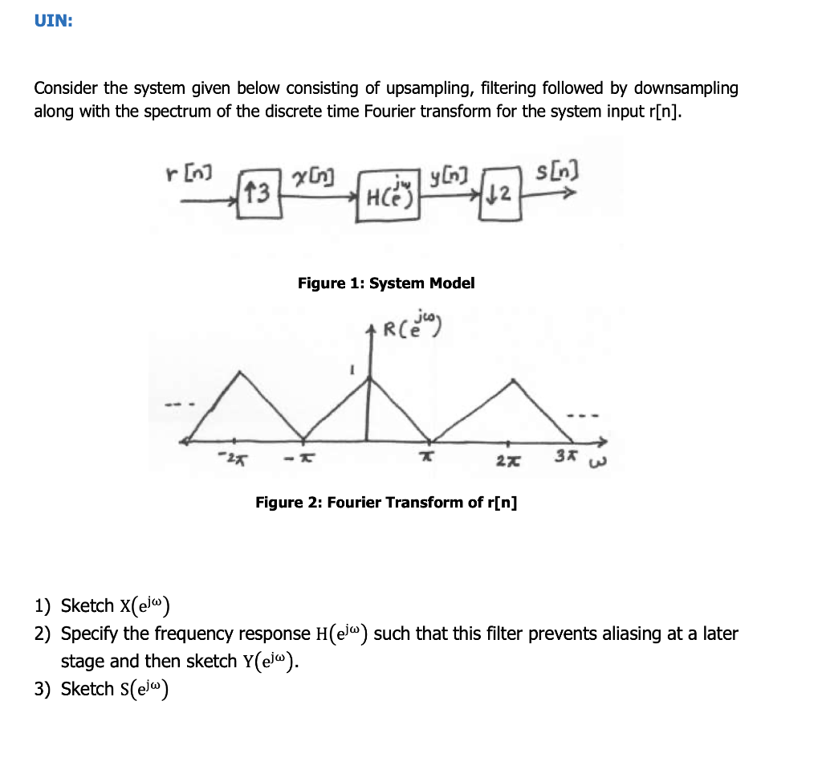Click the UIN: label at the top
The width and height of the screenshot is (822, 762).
point(53,22)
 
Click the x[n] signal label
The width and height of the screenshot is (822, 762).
point(315,176)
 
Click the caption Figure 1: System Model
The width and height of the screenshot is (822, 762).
point(386,283)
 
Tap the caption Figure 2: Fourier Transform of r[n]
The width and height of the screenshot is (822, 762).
point(386,503)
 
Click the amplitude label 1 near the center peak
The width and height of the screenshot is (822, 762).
point(351,373)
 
